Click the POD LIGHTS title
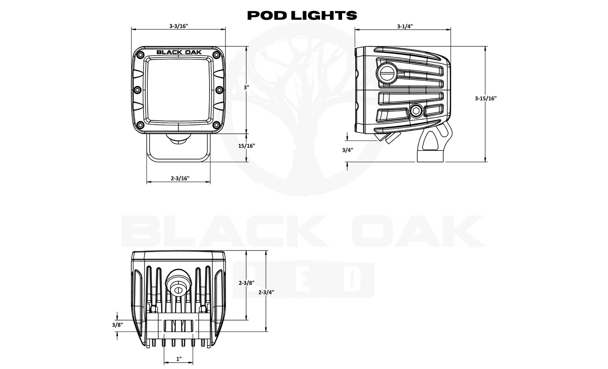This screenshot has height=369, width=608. [x=302, y=16]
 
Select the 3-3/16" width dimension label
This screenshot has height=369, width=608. [x=178, y=26]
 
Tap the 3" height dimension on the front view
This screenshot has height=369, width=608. [x=246, y=88]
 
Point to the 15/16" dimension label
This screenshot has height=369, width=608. [x=247, y=146]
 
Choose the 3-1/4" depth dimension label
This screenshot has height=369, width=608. [x=405, y=26]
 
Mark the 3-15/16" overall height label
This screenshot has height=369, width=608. [x=486, y=98]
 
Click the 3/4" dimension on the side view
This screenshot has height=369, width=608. [x=347, y=150]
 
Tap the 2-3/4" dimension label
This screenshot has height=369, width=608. [x=266, y=292]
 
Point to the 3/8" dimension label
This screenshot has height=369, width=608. [x=117, y=325]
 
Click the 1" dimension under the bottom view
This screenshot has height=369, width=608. [x=179, y=359]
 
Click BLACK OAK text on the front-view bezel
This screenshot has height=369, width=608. [x=179, y=53]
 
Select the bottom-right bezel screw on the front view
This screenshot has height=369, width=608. [x=216, y=125]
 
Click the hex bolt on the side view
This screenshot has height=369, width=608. [x=415, y=111]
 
